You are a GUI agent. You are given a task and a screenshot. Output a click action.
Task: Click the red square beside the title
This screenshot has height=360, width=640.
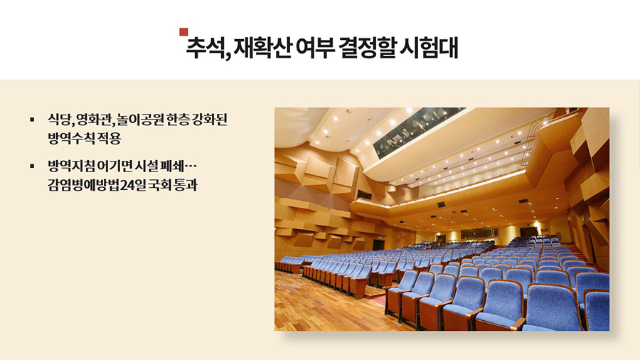[x=183, y=32]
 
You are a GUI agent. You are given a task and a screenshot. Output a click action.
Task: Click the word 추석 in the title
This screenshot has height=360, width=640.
[x=206, y=48]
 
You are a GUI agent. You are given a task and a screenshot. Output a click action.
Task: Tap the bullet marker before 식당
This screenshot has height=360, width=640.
[x=32, y=120]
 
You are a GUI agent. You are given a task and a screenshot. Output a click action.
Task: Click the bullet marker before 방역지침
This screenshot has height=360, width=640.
[x=32, y=166]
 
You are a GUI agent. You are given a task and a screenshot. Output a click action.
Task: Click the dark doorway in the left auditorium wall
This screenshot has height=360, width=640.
[x=378, y=244]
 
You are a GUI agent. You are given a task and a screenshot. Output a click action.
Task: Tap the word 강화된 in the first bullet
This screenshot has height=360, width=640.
[x=209, y=120]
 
